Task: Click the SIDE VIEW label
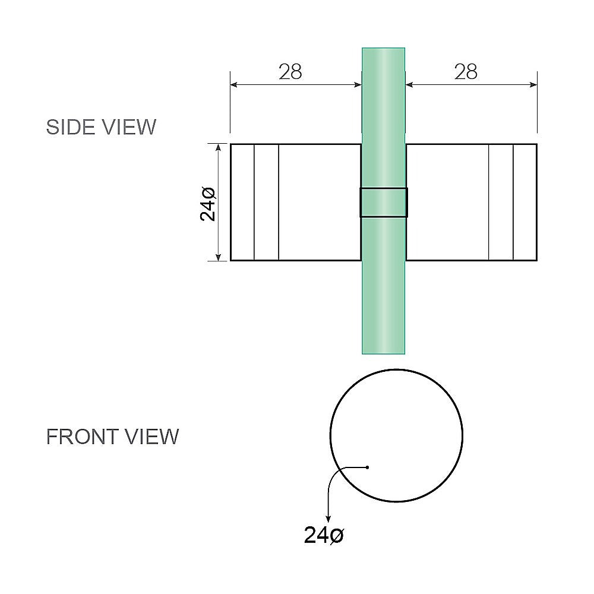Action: tap(101, 127)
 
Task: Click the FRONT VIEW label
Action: tap(112, 437)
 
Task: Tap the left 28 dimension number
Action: tap(290, 72)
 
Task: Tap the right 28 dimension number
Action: tap(466, 72)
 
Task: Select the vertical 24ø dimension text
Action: tap(208, 203)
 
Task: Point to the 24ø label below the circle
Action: tap(324, 535)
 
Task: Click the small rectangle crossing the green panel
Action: tap(384, 203)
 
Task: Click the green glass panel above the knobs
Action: tap(384, 95)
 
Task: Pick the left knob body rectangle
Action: tap(320, 202)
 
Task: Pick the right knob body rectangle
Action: tap(447, 202)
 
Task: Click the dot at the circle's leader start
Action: tap(368, 467)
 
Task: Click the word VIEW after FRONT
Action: tap(151, 437)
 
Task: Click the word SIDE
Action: tap(67, 127)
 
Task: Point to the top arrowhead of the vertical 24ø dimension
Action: tap(219, 147)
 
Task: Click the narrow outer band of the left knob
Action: tap(242, 202)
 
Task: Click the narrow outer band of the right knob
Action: tap(525, 202)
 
